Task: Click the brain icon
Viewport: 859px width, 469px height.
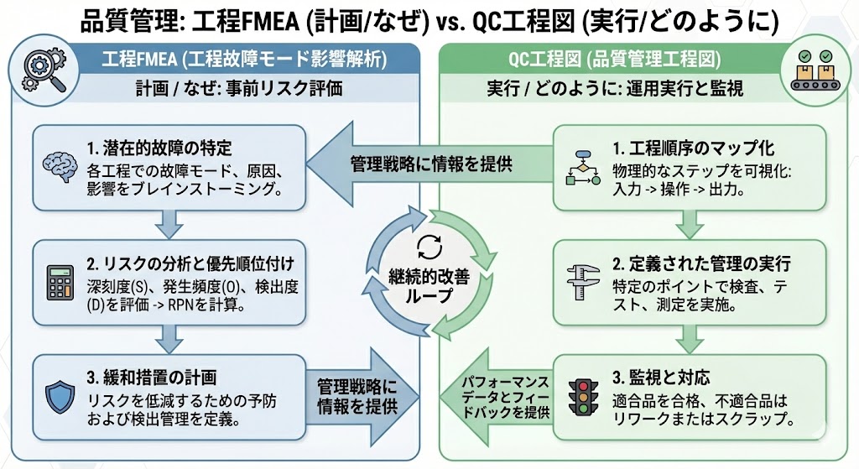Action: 60,164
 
